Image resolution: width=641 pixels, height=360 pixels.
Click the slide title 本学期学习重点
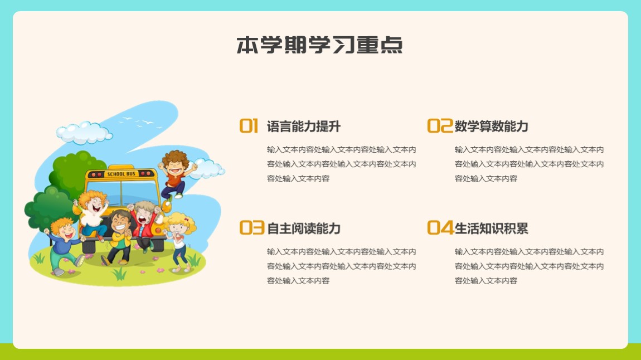click(x=319, y=45)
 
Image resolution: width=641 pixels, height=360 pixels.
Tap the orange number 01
click(x=249, y=126)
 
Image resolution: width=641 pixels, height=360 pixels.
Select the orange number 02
click(x=440, y=126)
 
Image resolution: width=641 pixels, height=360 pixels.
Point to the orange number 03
click(x=252, y=227)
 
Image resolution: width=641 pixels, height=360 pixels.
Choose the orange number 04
click(x=440, y=227)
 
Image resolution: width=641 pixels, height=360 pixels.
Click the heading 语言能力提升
click(x=304, y=127)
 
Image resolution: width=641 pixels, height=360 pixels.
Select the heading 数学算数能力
click(x=492, y=127)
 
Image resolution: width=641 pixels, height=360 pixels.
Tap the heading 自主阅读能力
click(x=304, y=228)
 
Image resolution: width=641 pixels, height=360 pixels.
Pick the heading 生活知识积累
click(x=492, y=228)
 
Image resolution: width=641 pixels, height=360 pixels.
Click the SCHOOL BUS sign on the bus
click(x=121, y=174)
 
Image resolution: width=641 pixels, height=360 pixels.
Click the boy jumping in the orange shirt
click(x=175, y=174)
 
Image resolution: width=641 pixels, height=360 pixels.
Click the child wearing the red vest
click(x=143, y=225)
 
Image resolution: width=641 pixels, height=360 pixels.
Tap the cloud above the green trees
click(x=84, y=133)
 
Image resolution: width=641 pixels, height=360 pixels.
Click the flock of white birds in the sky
click(x=140, y=122)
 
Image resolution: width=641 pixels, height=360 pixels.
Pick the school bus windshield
click(x=122, y=193)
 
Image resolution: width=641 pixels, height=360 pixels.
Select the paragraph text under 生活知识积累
click(x=529, y=266)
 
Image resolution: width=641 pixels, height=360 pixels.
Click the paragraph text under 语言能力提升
click(x=341, y=164)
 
